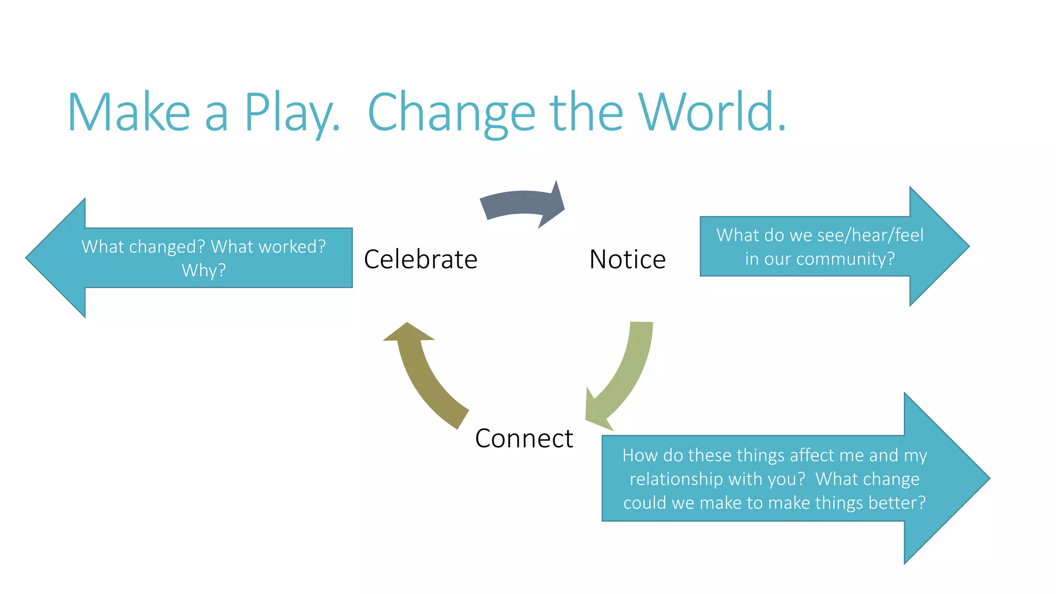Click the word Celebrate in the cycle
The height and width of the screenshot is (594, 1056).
point(420,259)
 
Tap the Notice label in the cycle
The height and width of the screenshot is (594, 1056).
point(627,259)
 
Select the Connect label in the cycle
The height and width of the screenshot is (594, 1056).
point(523,438)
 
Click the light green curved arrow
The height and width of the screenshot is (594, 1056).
point(624,376)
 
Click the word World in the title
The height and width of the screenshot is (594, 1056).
point(712,112)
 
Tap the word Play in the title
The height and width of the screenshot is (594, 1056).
point(291,112)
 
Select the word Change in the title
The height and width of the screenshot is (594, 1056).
point(452,112)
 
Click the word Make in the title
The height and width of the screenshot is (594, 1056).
point(129,112)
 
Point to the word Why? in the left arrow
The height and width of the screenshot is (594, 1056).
point(204,270)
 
